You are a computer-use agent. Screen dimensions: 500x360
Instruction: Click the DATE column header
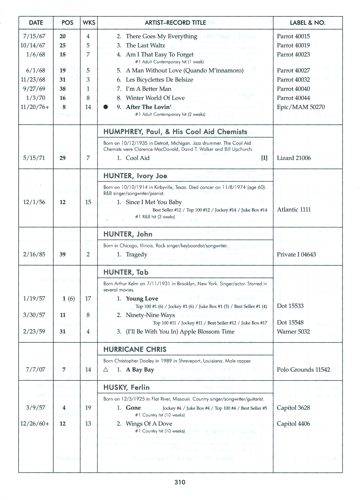pos(36,23)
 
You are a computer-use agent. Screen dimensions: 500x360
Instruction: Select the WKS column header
pos(89,23)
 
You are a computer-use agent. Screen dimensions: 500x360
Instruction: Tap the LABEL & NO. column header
pos(308,23)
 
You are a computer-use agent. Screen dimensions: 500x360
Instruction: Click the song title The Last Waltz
pos(145,45)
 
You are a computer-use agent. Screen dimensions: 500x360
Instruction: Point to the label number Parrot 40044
pos(293,98)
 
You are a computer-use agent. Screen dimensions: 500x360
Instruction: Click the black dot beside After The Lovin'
pos(106,107)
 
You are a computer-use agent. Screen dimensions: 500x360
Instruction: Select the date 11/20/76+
pos(35,107)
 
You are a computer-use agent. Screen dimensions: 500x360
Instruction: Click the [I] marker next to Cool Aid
pos(264,158)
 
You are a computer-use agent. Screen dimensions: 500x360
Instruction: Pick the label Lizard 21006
pos(294,158)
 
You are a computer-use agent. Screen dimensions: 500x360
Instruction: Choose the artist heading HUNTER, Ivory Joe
pos(135,176)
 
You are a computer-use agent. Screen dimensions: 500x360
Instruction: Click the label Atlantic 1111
pos(294,210)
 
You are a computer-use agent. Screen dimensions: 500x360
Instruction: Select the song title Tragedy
pos(136,254)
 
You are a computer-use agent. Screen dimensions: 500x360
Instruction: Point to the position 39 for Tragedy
pos(62,254)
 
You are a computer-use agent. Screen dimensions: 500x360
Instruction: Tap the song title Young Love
pos(142,299)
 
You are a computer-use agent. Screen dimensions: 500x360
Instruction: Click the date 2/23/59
pos(34,332)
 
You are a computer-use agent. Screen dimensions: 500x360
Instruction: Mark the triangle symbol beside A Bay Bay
pos(106,370)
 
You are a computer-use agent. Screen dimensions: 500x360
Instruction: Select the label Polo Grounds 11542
pos(303,370)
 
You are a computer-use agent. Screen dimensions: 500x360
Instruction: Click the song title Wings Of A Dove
pos(149,424)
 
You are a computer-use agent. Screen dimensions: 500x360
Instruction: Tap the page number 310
pos(180,482)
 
